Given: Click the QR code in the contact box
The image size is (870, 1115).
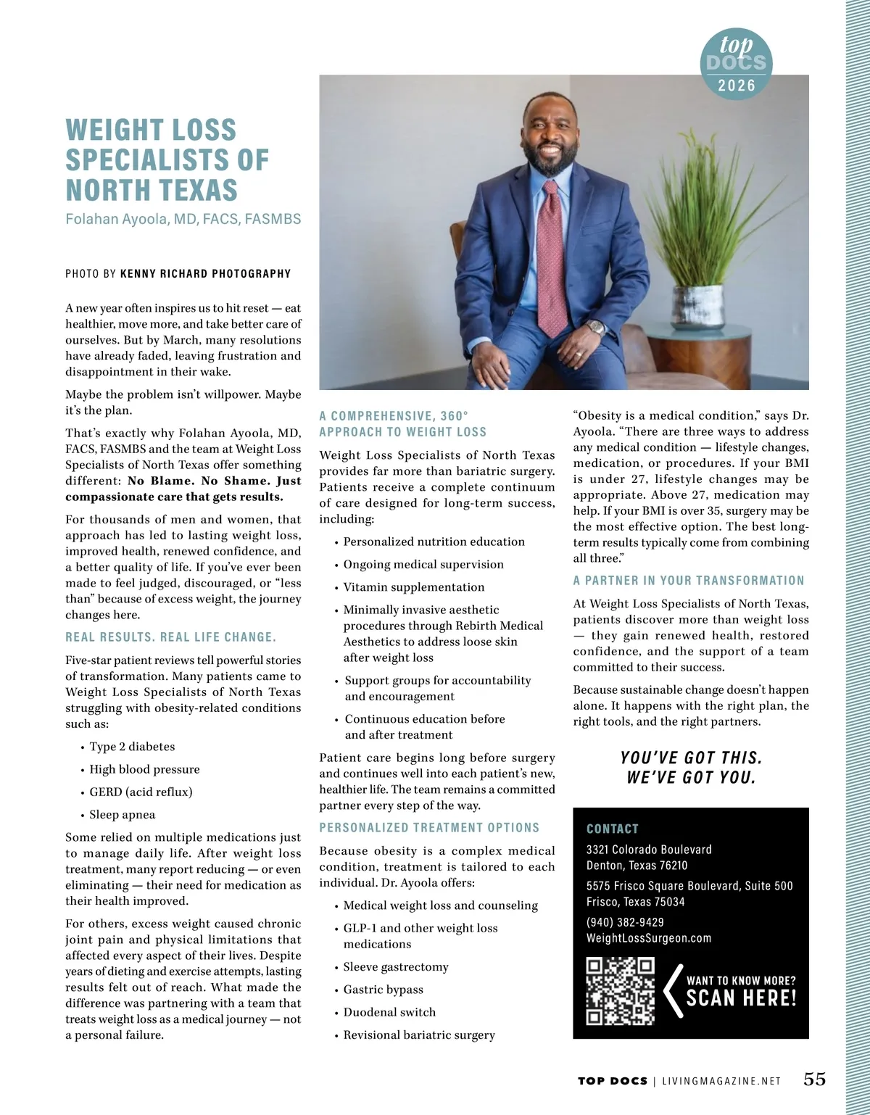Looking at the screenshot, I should point(620,990).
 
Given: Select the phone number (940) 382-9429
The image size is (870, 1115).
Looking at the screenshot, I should point(625,922).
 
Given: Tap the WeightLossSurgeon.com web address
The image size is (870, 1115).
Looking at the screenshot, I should point(648,938).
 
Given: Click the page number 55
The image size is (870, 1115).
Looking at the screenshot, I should point(814,1079).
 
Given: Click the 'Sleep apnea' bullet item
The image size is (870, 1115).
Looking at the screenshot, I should point(122,815).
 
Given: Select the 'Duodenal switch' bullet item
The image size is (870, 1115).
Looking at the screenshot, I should point(389,1012).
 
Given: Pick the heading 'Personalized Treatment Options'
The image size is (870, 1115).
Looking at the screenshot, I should point(429,828).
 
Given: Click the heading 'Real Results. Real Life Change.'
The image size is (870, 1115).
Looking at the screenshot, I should point(170,637).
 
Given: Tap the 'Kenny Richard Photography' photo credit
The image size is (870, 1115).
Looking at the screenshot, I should point(205,274).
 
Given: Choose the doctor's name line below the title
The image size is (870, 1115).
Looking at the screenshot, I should point(183,219).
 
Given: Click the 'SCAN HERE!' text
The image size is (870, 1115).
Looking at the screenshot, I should point(741,998).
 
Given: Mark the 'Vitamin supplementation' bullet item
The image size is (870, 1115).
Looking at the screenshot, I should point(413,587).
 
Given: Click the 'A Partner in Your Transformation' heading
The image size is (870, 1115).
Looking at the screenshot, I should point(688,581).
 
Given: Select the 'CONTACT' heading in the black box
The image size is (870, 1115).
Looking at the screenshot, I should point(612,829).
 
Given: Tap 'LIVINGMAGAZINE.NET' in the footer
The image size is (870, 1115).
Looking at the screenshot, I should point(721,1081).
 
